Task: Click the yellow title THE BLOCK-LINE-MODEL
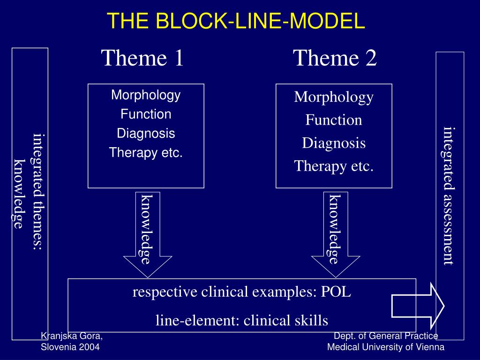(236, 21)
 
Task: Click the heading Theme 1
(142, 58)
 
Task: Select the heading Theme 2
(335, 58)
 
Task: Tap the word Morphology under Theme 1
(146, 95)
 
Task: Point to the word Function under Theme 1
(146, 114)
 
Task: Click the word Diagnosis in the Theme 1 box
(146, 134)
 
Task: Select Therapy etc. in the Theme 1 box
(146, 152)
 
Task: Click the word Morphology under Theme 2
(334, 97)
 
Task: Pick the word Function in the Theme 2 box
(334, 120)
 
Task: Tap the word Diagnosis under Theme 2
(334, 143)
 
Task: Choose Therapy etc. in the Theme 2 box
(334, 166)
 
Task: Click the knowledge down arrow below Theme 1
(148, 234)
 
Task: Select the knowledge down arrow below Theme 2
(336, 234)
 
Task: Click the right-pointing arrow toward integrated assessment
(418, 306)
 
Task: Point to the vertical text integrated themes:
(38, 192)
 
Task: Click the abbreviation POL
(336, 292)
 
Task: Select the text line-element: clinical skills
(242, 321)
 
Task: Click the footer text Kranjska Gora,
(72, 336)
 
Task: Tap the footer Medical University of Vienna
(386, 347)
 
